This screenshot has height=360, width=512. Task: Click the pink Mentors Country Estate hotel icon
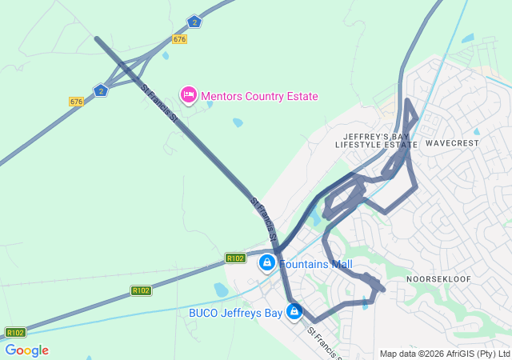[x=189, y=96]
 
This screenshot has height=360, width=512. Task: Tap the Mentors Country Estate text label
[x=259, y=97]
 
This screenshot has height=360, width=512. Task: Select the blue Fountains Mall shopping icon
[x=266, y=262]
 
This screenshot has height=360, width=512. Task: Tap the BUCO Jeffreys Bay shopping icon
[x=294, y=311]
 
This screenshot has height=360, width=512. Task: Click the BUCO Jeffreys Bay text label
[x=235, y=313]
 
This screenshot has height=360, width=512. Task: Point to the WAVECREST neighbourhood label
[x=452, y=143]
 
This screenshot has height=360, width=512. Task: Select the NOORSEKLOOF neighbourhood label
[x=439, y=278]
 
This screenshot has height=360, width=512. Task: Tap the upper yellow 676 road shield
[x=179, y=39]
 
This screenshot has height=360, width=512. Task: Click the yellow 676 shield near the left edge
[x=76, y=102]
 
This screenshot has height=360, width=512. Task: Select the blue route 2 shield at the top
[x=194, y=22]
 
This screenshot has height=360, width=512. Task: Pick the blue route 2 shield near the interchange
[x=100, y=90]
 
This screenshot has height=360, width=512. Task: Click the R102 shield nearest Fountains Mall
[x=235, y=258]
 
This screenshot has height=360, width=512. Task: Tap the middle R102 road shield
[x=141, y=290]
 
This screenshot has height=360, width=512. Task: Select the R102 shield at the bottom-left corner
[x=15, y=332]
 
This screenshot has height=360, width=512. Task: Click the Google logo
[x=26, y=350]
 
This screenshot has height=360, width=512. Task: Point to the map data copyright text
[x=445, y=354]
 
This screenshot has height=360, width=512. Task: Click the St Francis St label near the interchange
[x=158, y=102]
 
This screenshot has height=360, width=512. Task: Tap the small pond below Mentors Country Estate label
[x=238, y=122]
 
